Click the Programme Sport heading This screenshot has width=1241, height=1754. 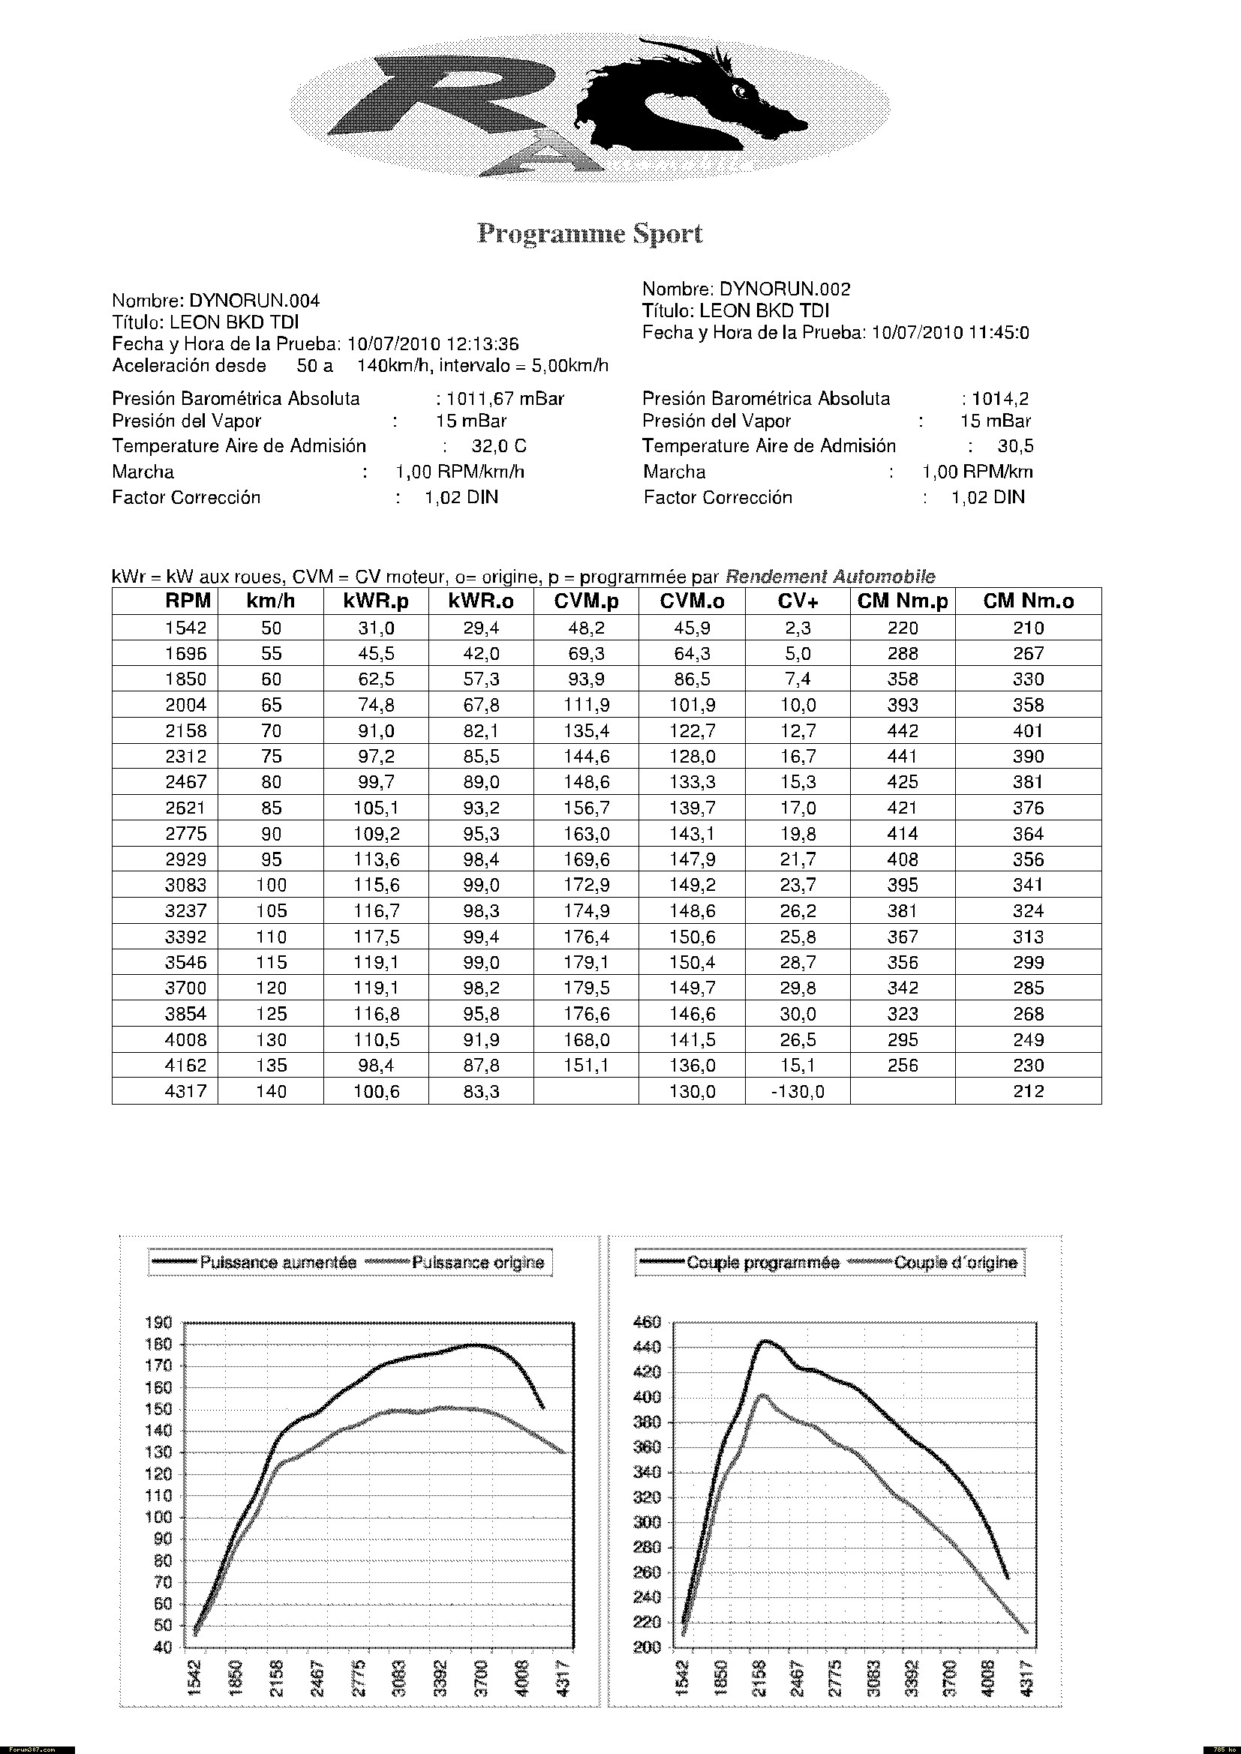pos(589,234)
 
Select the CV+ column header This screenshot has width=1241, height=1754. pos(798,601)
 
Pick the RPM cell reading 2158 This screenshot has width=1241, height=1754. pos(185,731)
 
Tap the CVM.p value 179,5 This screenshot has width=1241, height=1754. pos(587,988)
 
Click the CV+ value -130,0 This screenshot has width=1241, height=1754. pos(798,1092)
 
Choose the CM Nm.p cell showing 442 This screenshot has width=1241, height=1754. pos(903,731)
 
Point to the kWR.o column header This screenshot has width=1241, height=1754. pos(482,601)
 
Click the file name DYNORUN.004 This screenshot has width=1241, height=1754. pos(254,301)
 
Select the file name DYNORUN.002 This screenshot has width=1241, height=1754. pos(785,289)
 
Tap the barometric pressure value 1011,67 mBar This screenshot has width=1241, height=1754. pos(505,399)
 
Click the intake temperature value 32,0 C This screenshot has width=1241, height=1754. pos(499,446)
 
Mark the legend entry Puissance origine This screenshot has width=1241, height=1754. pos(478,1263)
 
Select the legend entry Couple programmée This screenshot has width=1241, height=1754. pos(762,1263)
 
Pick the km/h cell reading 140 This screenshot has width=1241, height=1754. pos(272,1092)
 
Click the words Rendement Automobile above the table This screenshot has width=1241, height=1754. pos(830,577)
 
